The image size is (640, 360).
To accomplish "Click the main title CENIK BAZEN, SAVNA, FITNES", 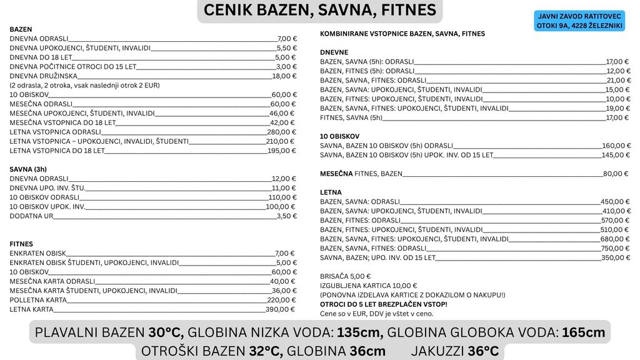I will coord(320,11).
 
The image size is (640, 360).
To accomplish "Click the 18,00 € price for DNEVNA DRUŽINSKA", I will coord(284,76).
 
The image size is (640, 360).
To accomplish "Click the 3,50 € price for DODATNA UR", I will coord(286,216).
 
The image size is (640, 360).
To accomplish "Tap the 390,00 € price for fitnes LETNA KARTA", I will coord(281,309).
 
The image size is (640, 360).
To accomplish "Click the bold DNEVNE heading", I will coord(334,52).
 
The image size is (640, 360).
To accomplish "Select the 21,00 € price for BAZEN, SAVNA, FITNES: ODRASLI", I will coord(617,80).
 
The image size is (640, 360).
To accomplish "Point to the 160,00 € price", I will coord(615,146).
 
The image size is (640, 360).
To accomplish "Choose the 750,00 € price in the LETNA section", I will coord(615,248).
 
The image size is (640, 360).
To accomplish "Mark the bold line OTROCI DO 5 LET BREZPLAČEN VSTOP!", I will coord(383,304).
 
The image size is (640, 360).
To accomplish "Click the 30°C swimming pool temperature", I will coord(166,332).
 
